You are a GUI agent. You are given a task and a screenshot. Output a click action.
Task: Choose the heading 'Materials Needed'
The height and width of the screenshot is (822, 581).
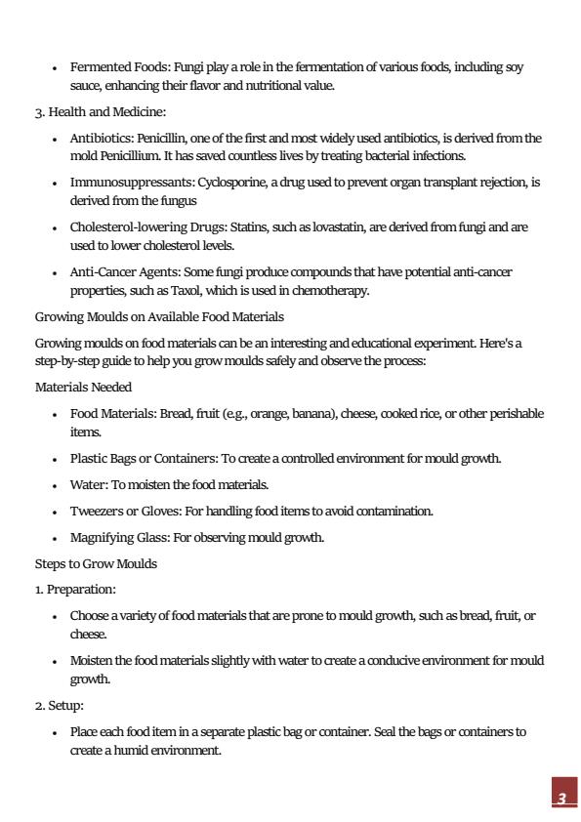click(x=83, y=388)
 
